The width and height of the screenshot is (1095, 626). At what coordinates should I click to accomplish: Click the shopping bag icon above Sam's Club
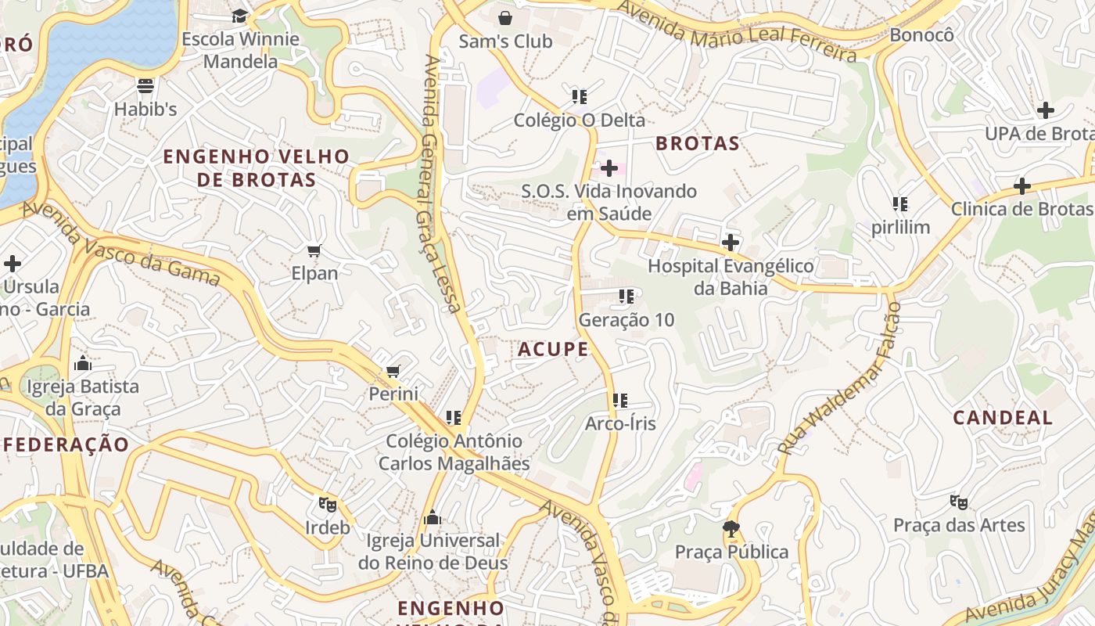(x=505, y=17)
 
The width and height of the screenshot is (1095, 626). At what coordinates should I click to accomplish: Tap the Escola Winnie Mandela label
(x=240, y=49)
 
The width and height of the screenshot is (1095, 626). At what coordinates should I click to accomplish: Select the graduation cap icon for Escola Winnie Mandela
(x=239, y=16)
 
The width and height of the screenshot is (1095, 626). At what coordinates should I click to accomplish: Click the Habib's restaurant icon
(x=145, y=85)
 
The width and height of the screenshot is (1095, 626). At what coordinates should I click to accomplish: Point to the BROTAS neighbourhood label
(x=697, y=143)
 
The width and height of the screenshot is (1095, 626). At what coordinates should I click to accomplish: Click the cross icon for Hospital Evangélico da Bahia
(x=731, y=243)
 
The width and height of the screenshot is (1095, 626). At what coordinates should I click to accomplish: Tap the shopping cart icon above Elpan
(x=314, y=250)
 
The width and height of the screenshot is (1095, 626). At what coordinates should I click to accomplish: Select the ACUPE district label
(x=553, y=350)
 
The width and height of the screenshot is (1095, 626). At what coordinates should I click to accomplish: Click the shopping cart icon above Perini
(x=393, y=371)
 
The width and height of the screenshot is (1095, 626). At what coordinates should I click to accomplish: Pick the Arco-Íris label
(x=620, y=423)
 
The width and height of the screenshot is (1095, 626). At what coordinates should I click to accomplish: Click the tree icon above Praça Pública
(x=731, y=529)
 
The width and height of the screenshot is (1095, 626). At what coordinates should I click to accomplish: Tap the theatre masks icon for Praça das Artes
(x=959, y=502)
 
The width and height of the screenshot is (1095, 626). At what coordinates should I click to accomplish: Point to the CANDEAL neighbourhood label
(x=1003, y=417)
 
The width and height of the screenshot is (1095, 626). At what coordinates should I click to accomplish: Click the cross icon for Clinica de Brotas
(x=1021, y=186)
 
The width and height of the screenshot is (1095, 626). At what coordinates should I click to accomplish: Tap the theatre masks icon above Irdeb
(x=327, y=505)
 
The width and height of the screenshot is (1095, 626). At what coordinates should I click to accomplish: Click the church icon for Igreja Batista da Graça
(x=82, y=363)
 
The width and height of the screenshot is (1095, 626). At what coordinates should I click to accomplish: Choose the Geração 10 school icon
(x=626, y=297)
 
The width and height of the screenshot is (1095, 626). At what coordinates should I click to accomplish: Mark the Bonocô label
(x=922, y=35)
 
